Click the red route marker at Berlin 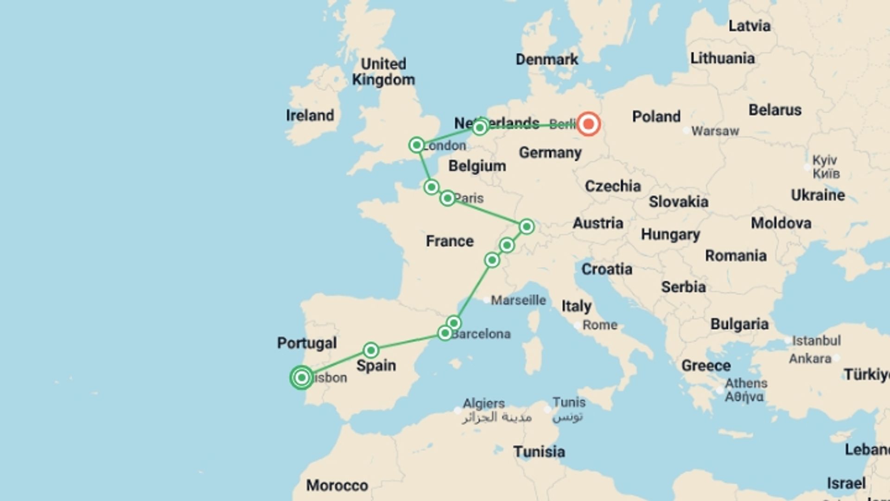(x=588, y=124)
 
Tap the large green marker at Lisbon (x=301, y=378)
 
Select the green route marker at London (x=416, y=145)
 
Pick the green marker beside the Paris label (x=447, y=199)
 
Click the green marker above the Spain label (x=371, y=350)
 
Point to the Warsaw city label (x=715, y=131)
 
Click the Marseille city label (x=518, y=300)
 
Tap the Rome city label (x=599, y=325)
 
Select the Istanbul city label (x=816, y=340)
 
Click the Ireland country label (x=310, y=115)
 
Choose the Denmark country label (x=547, y=59)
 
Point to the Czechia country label (x=613, y=186)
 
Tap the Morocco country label (x=337, y=485)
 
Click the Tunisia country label (x=539, y=451)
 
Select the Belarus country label (x=775, y=110)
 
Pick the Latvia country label (x=750, y=26)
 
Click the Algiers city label (x=483, y=403)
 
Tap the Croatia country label (x=607, y=269)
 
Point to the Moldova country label (x=781, y=223)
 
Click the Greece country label (x=706, y=366)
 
